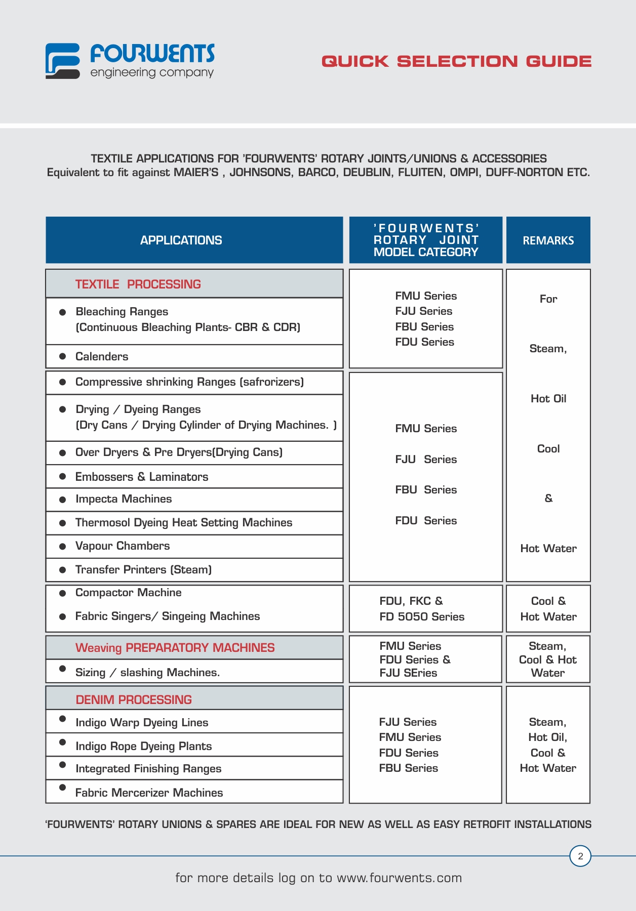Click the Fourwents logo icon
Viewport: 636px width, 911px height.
[x=63, y=61]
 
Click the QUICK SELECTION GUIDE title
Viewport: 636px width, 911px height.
[x=456, y=61]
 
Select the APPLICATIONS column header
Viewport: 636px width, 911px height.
[x=181, y=240]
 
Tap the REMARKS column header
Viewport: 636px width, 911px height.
[x=548, y=240]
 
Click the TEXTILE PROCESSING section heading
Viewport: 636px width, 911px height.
[x=138, y=284]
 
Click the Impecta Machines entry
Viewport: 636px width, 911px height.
[x=124, y=499]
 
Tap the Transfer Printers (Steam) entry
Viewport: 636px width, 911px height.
[x=143, y=570]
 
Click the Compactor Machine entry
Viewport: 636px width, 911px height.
[x=128, y=593]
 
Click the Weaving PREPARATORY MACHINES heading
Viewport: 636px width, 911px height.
[x=175, y=648]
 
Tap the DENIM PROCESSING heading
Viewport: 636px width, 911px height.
[x=134, y=700]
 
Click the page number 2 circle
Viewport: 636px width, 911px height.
[x=580, y=856]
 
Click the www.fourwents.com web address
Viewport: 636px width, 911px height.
[x=399, y=878]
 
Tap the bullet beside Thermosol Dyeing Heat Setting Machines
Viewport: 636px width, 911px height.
[x=63, y=523]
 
